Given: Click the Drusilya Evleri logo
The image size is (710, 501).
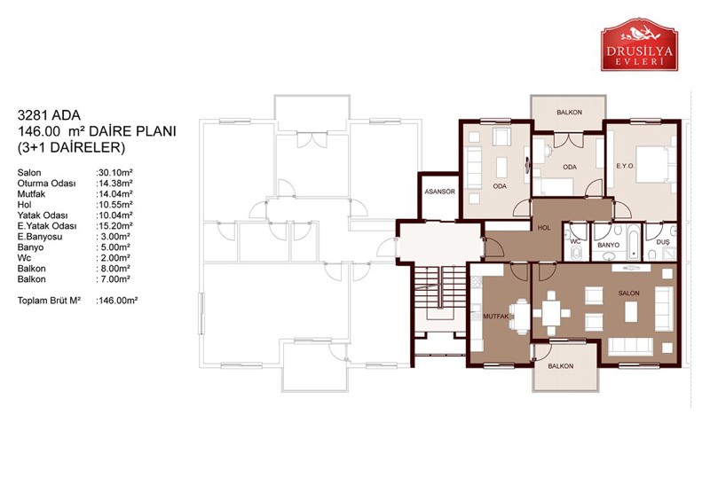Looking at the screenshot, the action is pyautogui.click(x=639, y=45).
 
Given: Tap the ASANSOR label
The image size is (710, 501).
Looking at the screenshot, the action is pyautogui.click(x=439, y=192).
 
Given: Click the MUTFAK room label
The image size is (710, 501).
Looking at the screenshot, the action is pyautogui.click(x=496, y=317).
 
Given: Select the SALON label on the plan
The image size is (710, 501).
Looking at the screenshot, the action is pyautogui.click(x=629, y=294).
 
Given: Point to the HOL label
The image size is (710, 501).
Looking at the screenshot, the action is pyautogui.click(x=544, y=228).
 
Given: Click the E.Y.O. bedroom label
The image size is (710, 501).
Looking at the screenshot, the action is pyautogui.click(x=626, y=166).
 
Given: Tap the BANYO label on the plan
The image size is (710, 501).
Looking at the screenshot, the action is pyautogui.click(x=608, y=245).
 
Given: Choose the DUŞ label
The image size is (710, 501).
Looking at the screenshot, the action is pyautogui.click(x=663, y=242).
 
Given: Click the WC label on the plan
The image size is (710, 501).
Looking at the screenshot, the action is pyautogui.click(x=575, y=242).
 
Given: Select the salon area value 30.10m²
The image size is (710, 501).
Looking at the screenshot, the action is pyautogui.click(x=114, y=172).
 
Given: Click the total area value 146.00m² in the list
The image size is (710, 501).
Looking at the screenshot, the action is pyautogui.click(x=117, y=301).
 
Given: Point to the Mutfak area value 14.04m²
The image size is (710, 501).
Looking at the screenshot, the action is pyautogui.click(x=114, y=193).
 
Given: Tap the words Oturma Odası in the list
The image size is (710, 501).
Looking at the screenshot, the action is pyautogui.click(x=47, y=184).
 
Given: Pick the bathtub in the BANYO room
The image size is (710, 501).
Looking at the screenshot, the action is pyautogui.click(x=634, y=242).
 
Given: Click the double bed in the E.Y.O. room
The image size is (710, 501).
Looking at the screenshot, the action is pyautogui.click(x=652, y=164).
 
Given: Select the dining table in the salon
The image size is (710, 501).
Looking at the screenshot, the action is pyautogui.click(x=551, y=313).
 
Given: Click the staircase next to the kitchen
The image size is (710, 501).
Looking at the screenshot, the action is pyautogui.click(x=440, y=294).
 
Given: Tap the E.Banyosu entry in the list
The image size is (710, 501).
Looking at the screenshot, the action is pyautogui.click(x=40, y=237).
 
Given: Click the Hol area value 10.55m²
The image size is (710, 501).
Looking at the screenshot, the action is pyautogui.click(x=114, y=205).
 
